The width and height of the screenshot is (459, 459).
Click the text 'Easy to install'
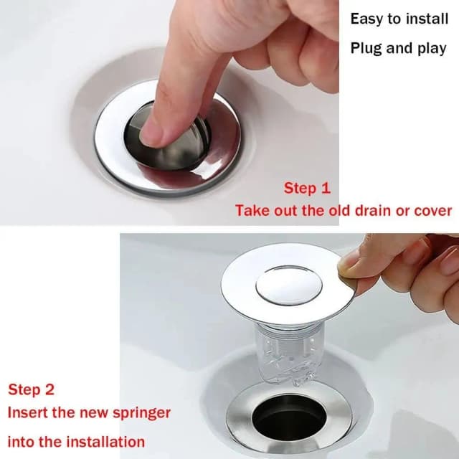tap(398, 19)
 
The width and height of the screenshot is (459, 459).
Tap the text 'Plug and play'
tap(398, 49)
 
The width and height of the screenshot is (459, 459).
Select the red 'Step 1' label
tap(307, 189)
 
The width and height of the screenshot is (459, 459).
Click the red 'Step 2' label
tap(31, 390)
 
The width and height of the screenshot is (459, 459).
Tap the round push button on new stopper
tap(288, 285)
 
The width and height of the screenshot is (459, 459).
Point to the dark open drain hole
tap(289, 416)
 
